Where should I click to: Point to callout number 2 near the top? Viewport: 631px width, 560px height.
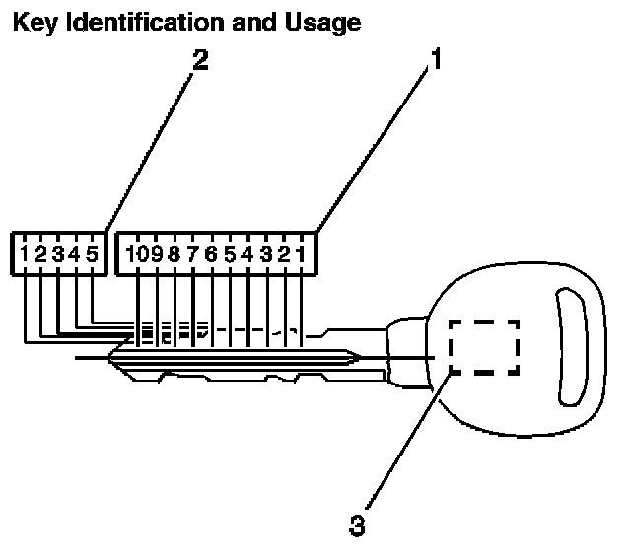(x=200, y=60)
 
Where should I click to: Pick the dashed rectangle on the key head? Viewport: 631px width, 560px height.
(x=484, y=347)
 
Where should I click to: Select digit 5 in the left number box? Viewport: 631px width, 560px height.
(x=92, y=255)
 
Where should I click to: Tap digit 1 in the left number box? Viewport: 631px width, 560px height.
(x=23, y=255)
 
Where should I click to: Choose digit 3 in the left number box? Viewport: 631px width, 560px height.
(x=57, y=255)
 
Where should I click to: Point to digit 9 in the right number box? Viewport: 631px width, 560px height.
(x=156, y=255)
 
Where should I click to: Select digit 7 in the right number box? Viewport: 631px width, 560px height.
(x=192, y=255)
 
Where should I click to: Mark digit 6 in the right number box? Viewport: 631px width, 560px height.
(x=211, y=255)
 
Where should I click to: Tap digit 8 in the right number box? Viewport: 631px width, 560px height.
(x=175, y=255)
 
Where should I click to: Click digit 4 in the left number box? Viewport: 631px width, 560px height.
(x=74, y=255)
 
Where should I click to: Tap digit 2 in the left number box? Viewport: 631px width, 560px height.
(x=40, y=255)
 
